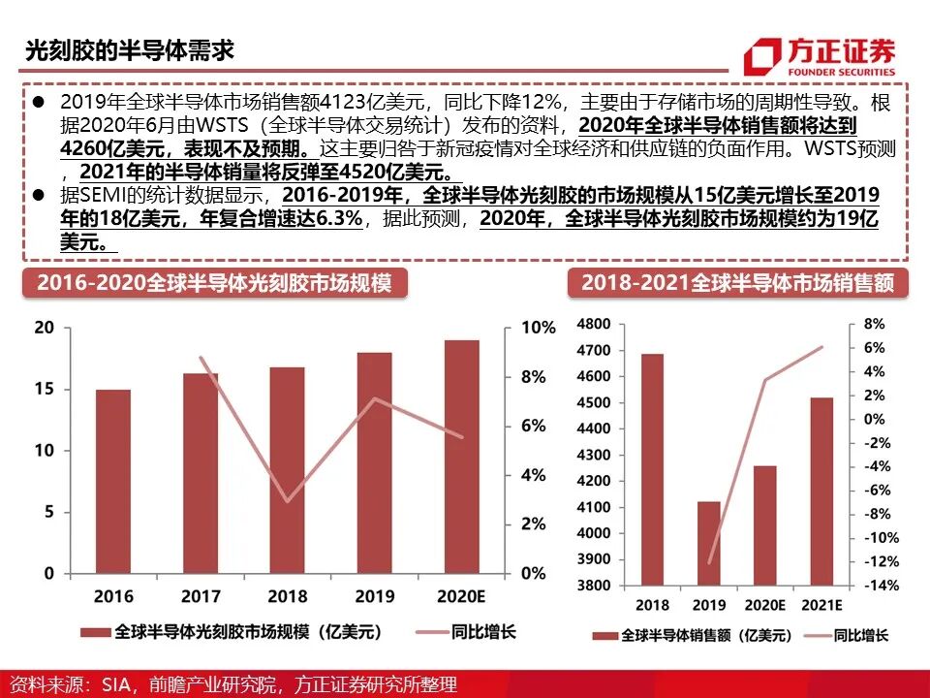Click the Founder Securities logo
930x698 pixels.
[819, 55]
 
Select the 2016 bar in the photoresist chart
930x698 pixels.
[113, 481]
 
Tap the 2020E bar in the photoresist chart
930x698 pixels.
[462, 457]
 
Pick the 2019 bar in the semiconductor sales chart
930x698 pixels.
[710, 543]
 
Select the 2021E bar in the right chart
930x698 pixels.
[821, 491]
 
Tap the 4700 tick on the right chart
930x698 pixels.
[593, 350]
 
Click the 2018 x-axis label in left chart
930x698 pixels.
[288, 596]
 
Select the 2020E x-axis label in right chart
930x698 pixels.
[765, 606]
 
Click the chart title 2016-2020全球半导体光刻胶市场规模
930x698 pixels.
[213, 283]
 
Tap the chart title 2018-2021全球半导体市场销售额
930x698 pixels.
[737, 283]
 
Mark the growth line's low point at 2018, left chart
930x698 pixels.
[288, 501]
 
